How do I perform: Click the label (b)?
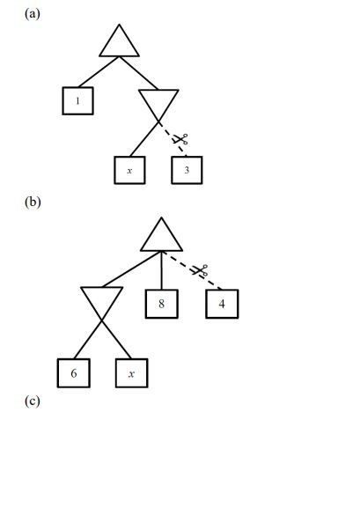[33, 202]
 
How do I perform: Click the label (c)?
[33, 401]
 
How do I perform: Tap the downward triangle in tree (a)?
[158, 103]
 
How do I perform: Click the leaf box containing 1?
[77, 100]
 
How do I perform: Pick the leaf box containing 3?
[187, 170]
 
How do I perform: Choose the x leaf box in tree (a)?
[129, 170]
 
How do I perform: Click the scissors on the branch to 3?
[180, 139]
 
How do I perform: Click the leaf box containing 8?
[162, 304]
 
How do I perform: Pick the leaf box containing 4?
[222, 304]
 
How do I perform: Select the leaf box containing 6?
[73, 373]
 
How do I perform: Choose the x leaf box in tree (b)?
[131, 373]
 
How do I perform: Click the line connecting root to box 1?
[99, 73]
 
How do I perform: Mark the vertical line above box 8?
[162, 271]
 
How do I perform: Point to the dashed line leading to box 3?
[170, 133]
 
